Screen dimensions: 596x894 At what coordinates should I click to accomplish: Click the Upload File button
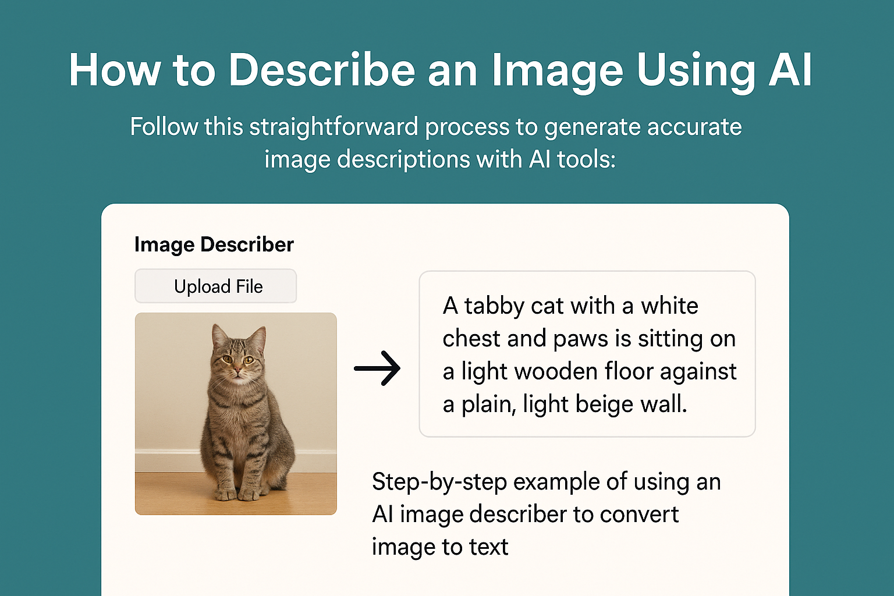pyautogui.click(x=216, y=286)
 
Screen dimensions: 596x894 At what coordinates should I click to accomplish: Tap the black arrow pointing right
pyautogui.click(x=377, y=368)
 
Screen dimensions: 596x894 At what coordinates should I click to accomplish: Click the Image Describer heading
pyautogui.click(x=214, y=244)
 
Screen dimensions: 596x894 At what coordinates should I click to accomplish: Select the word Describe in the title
pyautogui.click(x=321, y=70)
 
